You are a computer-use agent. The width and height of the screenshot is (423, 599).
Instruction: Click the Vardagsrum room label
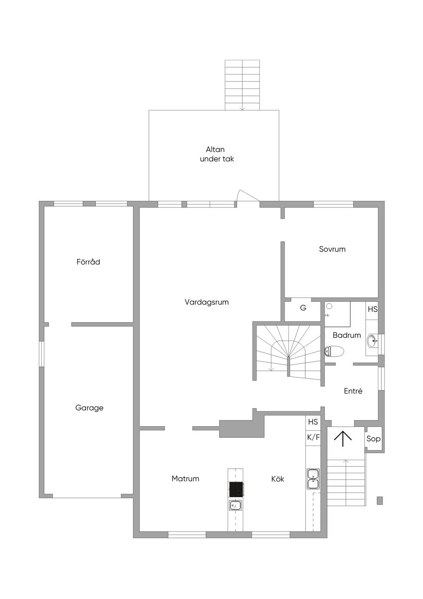[x=207, y=303]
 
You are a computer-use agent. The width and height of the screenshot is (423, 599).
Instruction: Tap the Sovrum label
[x=332, y=249]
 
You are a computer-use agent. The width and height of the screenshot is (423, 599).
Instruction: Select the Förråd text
[x=88, y=262]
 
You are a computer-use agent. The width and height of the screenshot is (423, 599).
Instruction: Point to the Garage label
[x=89, y=408]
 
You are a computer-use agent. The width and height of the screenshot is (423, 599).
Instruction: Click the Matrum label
[x=185, y=478]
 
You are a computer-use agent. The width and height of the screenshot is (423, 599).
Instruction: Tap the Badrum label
[x=347, y=335]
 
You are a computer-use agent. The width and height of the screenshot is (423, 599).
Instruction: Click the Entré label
[x=353, y=391]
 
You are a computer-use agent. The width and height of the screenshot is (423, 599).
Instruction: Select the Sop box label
[x=373, y=439]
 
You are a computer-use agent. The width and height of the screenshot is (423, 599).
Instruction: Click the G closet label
[x=303, y=308]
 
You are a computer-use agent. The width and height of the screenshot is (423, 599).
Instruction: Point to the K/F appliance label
[x=313, y=437]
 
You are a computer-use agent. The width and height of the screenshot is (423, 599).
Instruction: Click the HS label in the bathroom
[x=373, y=309]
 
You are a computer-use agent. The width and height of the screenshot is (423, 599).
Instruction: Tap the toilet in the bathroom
[x=334, y=351]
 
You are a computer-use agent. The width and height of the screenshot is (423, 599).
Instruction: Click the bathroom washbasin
[x=373, y=341]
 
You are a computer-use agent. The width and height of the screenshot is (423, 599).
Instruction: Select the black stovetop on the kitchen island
[x=236, y=489]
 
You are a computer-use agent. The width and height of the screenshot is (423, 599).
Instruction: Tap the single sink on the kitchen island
[x=235, y=506]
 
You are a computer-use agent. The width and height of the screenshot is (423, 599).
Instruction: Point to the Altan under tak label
[x=217, y=154]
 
